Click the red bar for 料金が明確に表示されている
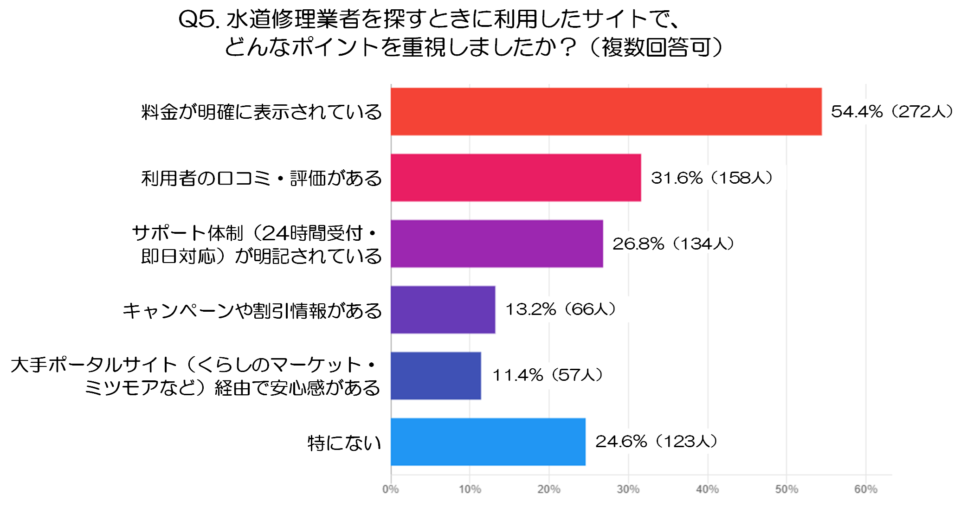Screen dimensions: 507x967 coord(606,112)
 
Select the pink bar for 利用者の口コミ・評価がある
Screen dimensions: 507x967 coord(516,178)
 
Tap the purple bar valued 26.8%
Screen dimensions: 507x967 coord(496,244)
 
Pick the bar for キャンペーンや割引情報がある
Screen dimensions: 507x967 coord(443,309)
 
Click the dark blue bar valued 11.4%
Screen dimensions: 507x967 coord(436,375)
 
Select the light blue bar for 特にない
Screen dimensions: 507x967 coord(488,442)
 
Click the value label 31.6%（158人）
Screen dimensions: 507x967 coord(712,178)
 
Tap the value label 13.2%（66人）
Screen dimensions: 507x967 coord(561,309)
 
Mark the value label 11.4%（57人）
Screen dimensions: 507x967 coord(548,375)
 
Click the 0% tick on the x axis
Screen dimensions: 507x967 coord(391,489)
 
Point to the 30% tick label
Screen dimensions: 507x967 coord(628,489)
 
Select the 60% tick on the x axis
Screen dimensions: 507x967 coord(866,489)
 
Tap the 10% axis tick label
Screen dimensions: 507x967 coord(470,489)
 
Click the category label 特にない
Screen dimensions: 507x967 coord(344,443)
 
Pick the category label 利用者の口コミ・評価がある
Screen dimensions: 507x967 coord(262,179)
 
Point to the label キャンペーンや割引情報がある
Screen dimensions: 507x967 coord(252,311)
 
